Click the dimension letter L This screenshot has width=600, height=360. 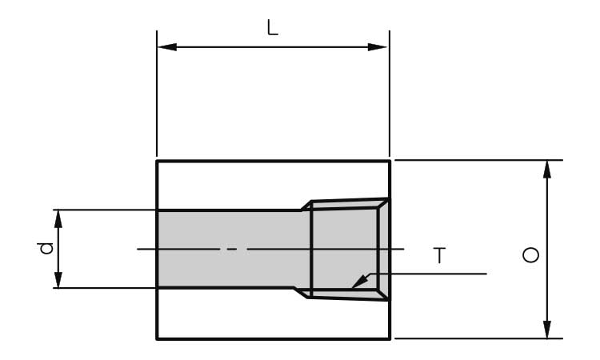(273, 27)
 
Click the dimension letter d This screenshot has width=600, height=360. (46, 248)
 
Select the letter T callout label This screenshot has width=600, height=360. (440, 255)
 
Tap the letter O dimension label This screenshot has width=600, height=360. (530, 255)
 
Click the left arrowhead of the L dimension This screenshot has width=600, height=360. (167, 47)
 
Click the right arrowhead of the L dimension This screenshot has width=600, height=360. (378, 47)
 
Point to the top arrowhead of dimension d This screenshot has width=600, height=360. (58, 219)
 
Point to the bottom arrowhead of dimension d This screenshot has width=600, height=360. (58, 278)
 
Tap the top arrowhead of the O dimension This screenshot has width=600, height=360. (547, 170)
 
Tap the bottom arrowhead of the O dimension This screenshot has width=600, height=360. (547, 330)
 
